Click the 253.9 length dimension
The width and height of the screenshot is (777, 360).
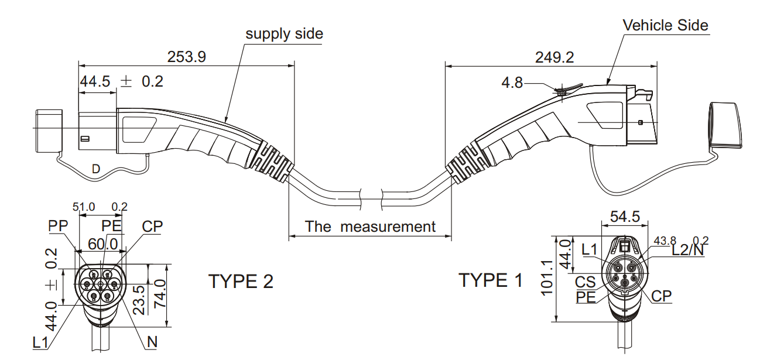[187, 57]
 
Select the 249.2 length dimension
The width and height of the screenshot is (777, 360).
[554, 57]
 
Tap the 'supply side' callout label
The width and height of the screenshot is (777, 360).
[284, 34]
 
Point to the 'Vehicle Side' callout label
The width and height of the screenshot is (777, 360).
[665, 25]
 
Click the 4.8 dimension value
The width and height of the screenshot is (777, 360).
[512, 83]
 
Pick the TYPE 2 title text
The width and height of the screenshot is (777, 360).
[241, 282]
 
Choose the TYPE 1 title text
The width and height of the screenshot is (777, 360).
[491, 280]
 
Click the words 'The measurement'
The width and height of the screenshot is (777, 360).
[370, 227]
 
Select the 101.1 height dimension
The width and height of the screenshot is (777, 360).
[547, 277]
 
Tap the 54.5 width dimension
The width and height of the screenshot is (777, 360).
[625, 217]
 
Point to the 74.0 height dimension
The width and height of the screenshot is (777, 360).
[160, 294]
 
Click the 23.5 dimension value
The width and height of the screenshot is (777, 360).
[139, 300]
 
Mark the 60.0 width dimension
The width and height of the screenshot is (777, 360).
[102, 244]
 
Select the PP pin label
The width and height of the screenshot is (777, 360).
[58, 226]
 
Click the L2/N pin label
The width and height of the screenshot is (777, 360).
[688, 250]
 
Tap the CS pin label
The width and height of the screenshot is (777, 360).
[585, 282]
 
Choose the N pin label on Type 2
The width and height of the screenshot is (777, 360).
[152, 342]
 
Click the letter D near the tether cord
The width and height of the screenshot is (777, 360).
[96, 169]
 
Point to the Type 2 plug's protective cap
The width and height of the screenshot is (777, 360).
[49, 131]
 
